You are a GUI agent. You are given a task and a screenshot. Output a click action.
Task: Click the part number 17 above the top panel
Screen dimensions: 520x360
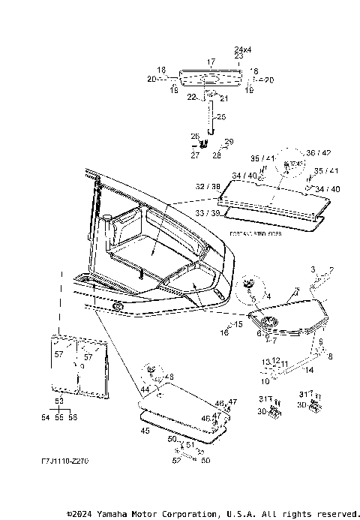pyautogui.click(x=211, y=62)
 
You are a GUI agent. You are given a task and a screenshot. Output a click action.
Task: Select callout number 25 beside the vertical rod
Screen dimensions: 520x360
pyautogui.click(x=220, y=116)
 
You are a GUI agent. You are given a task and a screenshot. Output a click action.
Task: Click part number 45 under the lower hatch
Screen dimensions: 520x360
pyautogui.click(x=145, y=431)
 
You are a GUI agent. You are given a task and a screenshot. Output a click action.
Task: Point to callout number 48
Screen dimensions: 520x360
pyautogui.click(x=169, y=377)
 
